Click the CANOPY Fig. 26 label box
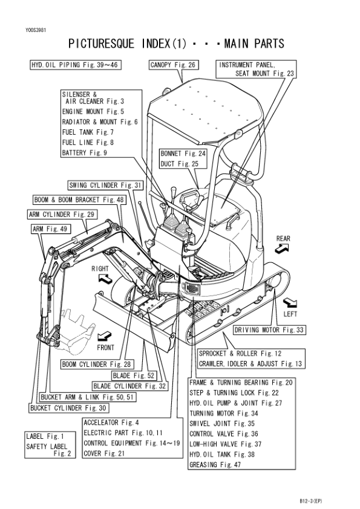point(174,65)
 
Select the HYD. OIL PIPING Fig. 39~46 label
point(76,65)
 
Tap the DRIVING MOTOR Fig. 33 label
point(269,330)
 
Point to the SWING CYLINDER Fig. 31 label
point(106,186)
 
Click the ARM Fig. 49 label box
point(50,229)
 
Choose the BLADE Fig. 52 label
point(134,375)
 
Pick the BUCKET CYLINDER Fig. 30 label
point(68,408)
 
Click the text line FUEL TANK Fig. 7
point(88,132)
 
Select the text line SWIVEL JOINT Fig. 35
point(222,424)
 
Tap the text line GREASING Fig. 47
point(215,465)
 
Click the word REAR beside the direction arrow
point(283,239)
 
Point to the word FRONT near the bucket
point(106,348)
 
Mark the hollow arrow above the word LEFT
point(290,303)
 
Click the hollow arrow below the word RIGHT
point(105,278)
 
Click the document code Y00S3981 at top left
point(36,30)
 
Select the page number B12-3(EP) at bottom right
point(311,501)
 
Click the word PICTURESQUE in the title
point(101,44)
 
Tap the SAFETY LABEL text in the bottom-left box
point(47,447)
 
